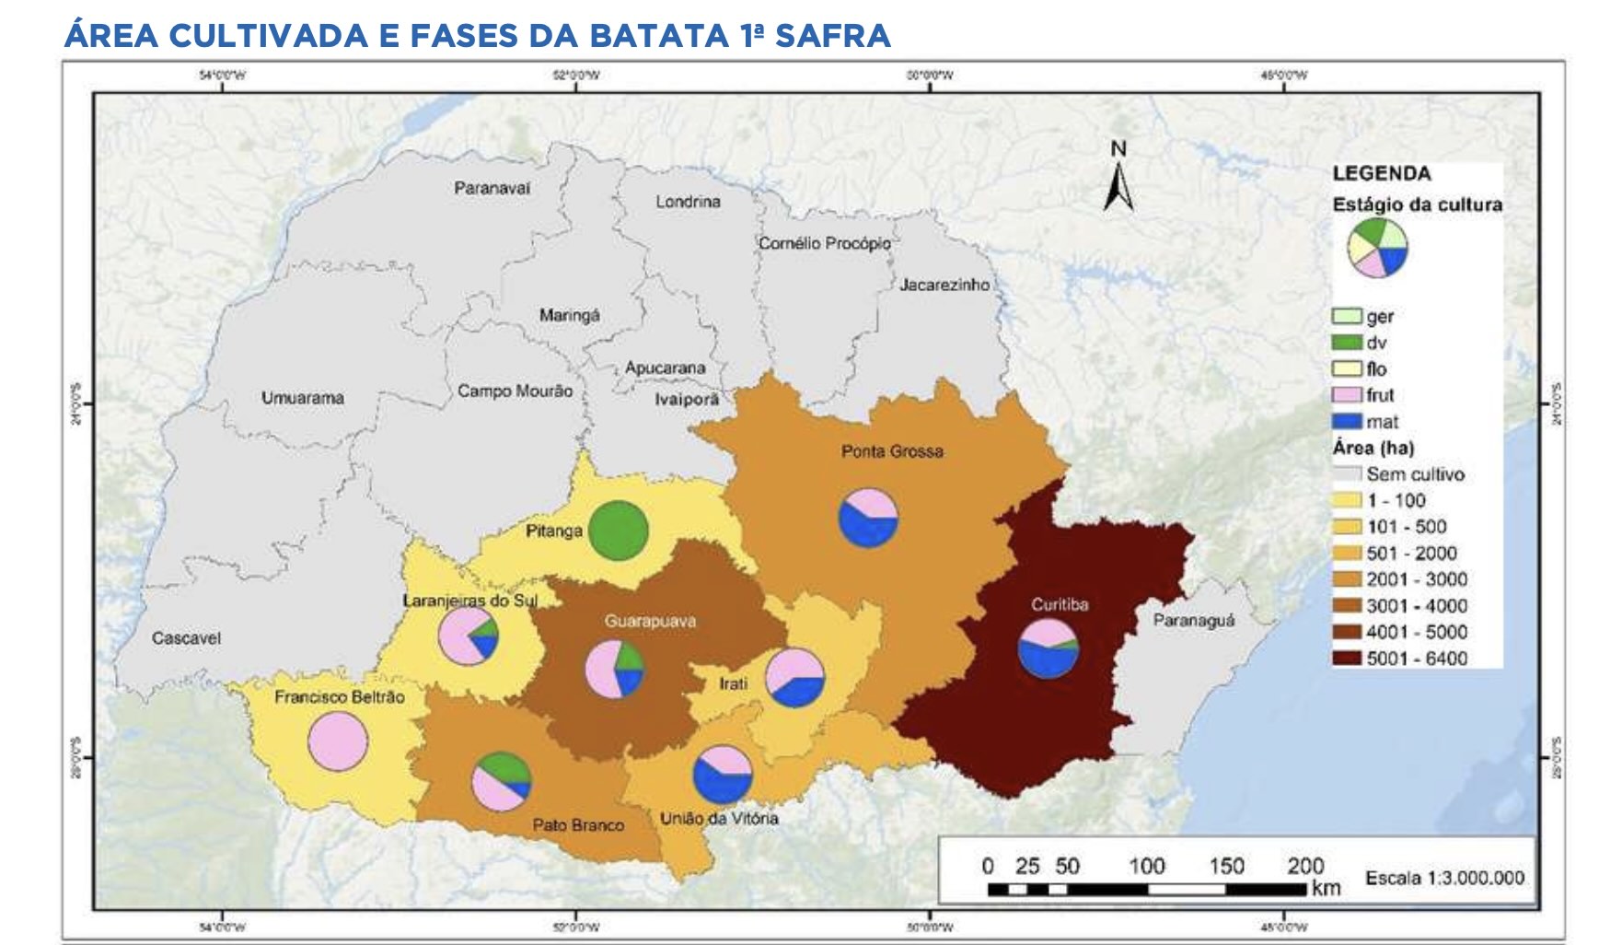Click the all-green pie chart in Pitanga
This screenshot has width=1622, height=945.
coord(619,531)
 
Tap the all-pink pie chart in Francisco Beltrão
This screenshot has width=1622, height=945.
coord(338,741)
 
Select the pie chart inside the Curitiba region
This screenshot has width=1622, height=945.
coord(1049,648)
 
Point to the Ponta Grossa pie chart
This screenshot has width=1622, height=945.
coord(868,518)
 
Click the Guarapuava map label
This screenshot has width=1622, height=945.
coord(650,622)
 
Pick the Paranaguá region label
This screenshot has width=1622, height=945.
coord(1194,621)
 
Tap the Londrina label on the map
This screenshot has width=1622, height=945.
coord(688,202)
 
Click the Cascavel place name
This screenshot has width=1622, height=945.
coord(186,638)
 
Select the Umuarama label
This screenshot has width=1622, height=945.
coord(302,399)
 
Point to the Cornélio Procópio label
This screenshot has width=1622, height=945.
coord(824,244)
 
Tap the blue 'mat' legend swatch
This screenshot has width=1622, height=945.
coord(1348,421)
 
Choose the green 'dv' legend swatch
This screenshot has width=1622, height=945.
coord(1348,343)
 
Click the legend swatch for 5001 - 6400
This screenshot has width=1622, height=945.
coord(1348,659)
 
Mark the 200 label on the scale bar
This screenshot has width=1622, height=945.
coord(1304,866)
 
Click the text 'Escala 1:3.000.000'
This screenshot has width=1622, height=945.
coord(1444,878)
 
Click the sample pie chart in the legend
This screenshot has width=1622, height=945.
coord(1377,247)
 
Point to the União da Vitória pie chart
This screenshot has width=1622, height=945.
coord(722,775)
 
